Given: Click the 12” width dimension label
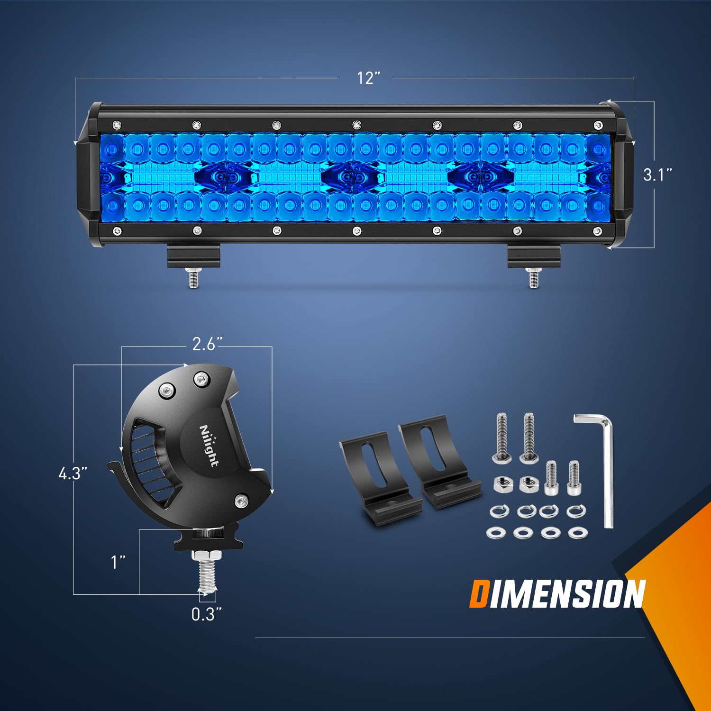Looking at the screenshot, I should (x=368, y=78).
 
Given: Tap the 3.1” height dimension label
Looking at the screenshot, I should (x=657, y=174).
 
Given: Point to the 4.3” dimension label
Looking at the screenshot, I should (x=73, y=473).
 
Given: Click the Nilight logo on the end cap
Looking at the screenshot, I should (x=209, y=446).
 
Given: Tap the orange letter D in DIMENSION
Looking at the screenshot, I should (x=478, y=594).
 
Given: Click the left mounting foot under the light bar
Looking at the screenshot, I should (x=193, y=256).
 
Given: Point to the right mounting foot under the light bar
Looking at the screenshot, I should (x=533, y=256).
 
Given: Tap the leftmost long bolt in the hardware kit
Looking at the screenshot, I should (x=502, y=437).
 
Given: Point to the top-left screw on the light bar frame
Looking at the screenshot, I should (x=117, y=125).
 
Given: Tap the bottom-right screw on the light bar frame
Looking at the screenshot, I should (x=597, y=231).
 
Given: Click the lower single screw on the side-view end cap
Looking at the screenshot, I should (x=241, y=500).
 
